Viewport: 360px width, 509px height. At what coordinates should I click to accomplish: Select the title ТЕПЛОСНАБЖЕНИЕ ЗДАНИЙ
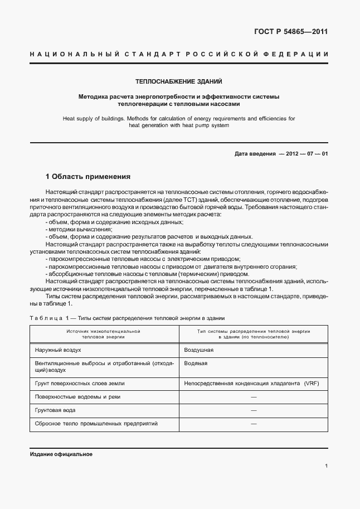(x=179, y=81)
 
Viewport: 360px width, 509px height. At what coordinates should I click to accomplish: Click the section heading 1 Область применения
(x=88, y=177)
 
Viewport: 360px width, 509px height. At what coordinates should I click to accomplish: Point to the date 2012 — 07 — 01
(x=304, y=153)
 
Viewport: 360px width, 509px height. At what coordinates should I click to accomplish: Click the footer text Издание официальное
(x=61, y=454)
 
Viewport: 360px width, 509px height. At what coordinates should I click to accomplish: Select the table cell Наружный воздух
(x=58, y=350)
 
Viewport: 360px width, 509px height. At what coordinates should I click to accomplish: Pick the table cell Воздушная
(x=199, y=350)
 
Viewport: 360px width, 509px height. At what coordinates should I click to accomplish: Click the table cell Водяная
(x=196, y=363)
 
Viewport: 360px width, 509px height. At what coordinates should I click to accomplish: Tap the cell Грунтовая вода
(x=55, y=410)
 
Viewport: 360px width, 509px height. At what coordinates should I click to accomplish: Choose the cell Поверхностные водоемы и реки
(x=77, y=396)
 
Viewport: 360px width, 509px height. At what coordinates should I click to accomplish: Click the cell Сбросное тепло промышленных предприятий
(x=96, y=423)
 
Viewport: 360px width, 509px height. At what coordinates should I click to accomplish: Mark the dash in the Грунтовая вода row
(x=254, y=410)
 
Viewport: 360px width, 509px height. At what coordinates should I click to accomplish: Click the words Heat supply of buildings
(x=93, y=118)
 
